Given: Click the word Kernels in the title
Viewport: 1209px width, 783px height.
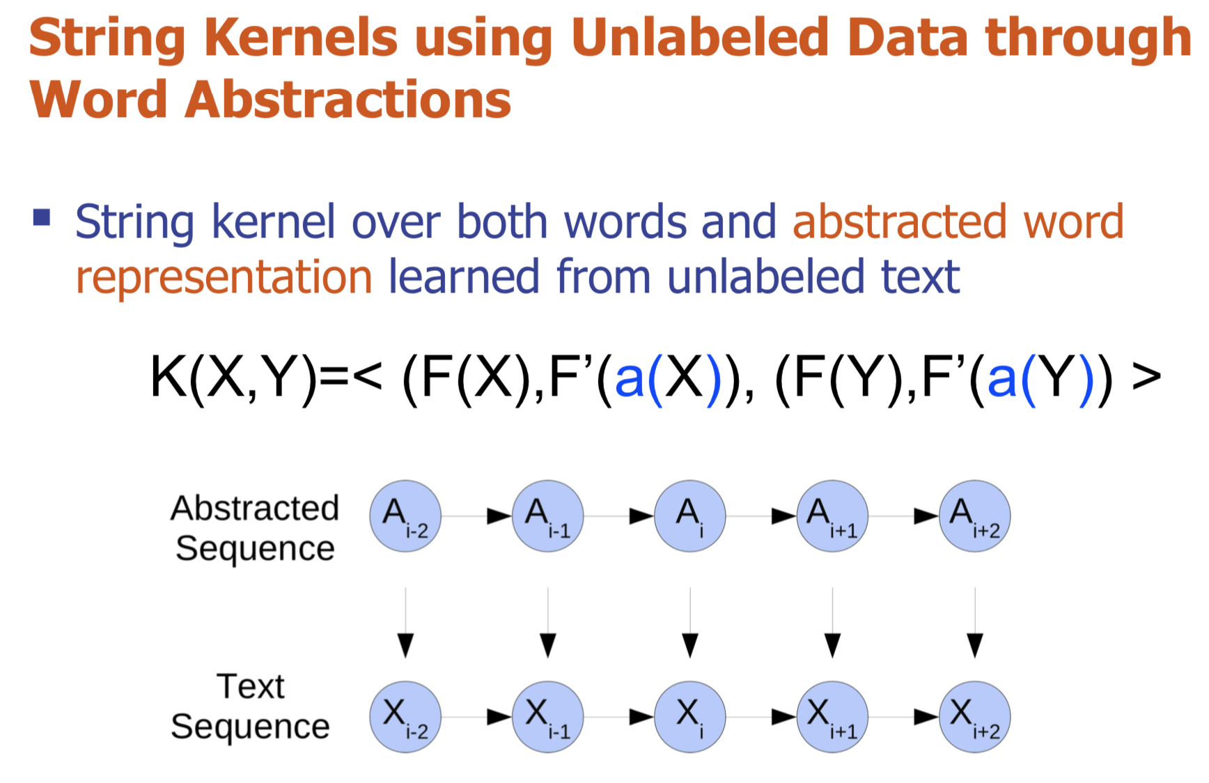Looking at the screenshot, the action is point(301,38).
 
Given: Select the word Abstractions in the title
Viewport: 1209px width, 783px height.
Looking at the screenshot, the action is point(348,100).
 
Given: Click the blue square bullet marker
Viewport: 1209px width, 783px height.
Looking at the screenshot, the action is point(42,217).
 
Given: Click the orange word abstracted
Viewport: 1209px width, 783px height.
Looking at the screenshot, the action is point(899,222).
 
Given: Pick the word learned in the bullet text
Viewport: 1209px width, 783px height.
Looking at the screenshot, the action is point(465,277).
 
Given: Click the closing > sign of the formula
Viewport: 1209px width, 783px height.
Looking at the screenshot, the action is point(1146,377).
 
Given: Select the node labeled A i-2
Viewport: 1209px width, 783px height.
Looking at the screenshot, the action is point(405,516).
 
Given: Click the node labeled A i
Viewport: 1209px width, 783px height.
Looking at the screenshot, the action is point(690,516).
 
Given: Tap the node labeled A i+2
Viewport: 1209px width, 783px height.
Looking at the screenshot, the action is point(975,516).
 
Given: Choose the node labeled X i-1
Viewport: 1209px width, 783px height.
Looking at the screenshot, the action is point(548,717).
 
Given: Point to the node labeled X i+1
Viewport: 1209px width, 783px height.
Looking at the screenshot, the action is point(833,717).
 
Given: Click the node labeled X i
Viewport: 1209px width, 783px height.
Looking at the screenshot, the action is point(690,717).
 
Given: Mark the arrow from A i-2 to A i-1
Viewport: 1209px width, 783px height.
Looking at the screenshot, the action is point(477,516).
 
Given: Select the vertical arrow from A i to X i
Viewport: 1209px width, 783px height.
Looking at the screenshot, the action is point(690,623).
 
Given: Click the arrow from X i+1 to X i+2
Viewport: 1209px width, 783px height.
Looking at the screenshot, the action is point(904,717).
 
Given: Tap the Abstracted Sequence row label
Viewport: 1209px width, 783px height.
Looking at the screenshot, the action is point(255,528).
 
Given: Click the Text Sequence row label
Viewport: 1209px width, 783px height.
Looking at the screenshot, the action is point(251,706).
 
